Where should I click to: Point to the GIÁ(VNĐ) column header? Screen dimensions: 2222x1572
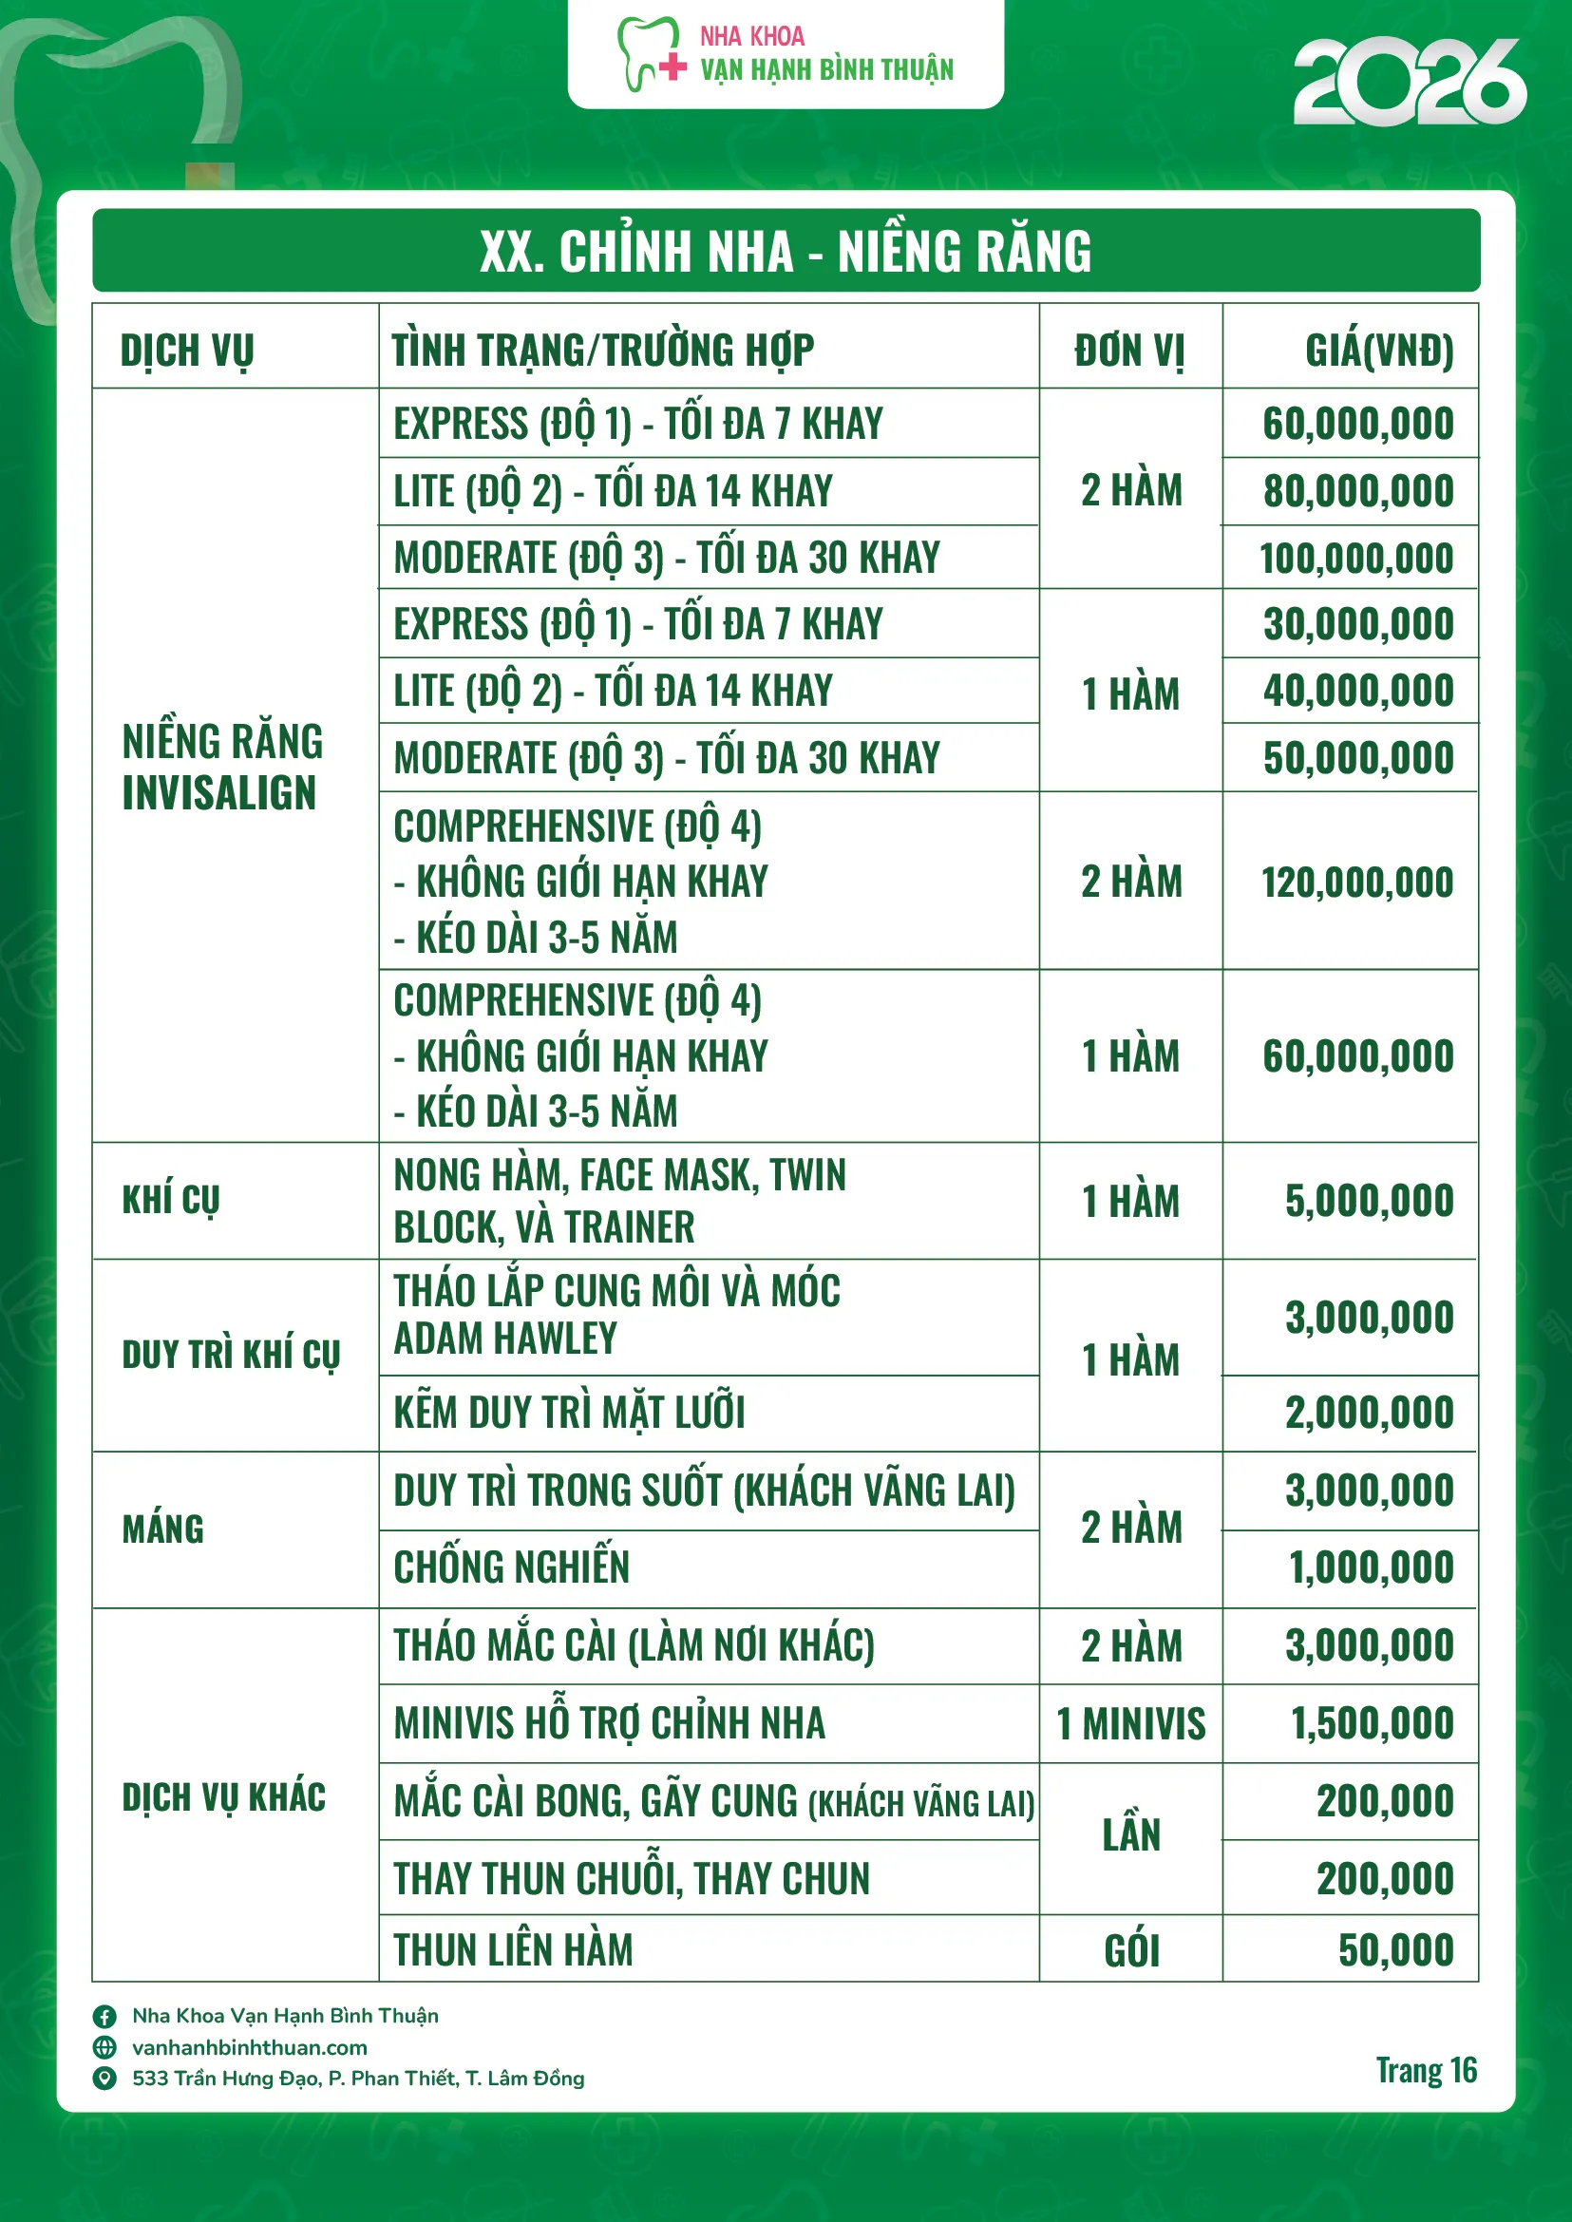pyautogui.click(x=1378, y=351)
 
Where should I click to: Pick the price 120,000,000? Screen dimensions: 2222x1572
pyautogui.click(x=1356, y=882)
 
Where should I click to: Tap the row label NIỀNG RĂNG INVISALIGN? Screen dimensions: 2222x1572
pyautogui.click(x=221, y=767)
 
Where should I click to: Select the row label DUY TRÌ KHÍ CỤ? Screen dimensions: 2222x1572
pyautogui.click(x=231, y=1355)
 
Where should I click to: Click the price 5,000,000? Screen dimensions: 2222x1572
pyautogui.click(x=1368, y=1201)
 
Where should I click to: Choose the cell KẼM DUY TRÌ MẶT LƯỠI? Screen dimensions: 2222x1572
pyautogui.click(x=569, y=1413)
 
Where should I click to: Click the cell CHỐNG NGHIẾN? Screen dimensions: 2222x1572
pyautogui.click(x=511, y=1567)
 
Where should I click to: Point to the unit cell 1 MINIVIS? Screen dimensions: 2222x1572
pyautogui.click(x=1129, y=1724)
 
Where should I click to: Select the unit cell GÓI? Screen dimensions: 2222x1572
pyautogui.click(x=1130, y=1951)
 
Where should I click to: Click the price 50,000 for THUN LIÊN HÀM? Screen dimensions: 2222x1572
pyautogui.click(x=1395, y=1951)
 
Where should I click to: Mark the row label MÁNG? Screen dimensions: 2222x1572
pyautogui.click(x=162, y=1529)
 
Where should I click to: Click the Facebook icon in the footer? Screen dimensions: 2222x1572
pyautogui.click(x=104, y=2016)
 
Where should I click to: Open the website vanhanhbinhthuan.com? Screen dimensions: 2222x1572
pyautogui.click(x=250, y=2048)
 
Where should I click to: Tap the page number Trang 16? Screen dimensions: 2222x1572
pyautogui.click(x=1426, y=2071)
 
